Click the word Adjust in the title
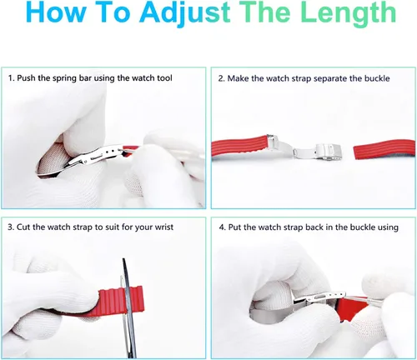(184, 13)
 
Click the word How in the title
(57, 12)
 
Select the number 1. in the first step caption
(11, 78)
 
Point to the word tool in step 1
(164, 78)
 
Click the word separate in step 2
(329, 79)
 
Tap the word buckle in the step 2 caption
(377, 78)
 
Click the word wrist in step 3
(164, 227)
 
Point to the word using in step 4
(388, 227)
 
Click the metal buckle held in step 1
(94, 157)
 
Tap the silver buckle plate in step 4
(319, 297)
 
